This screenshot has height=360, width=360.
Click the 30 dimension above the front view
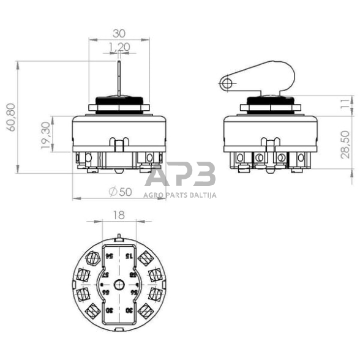119,34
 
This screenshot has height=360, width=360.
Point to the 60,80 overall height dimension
11,117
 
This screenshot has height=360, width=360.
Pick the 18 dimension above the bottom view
119,215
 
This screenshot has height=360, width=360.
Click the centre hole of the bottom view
120,283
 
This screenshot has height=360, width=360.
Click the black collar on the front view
119,101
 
